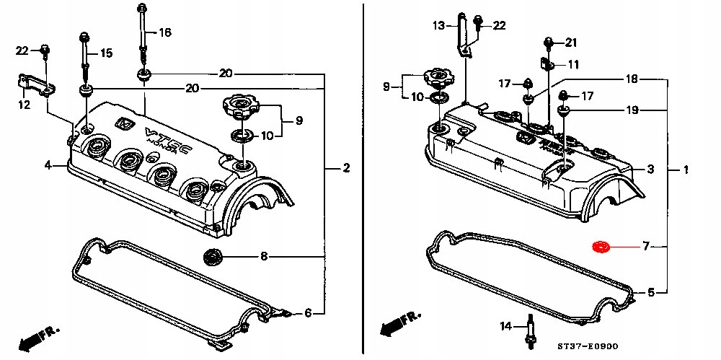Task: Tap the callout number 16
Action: [165, 32]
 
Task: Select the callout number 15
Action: [107, 53]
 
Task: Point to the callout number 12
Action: [25, 105]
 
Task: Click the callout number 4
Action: [48, 165]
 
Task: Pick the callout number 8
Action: [264, 255]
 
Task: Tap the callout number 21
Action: [571, 42]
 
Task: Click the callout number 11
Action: [573, 65]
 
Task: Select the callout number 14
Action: [505, 327]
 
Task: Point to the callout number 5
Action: [650, 292]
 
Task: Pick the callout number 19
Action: [632, 110]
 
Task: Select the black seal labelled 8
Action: [213, 255]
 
